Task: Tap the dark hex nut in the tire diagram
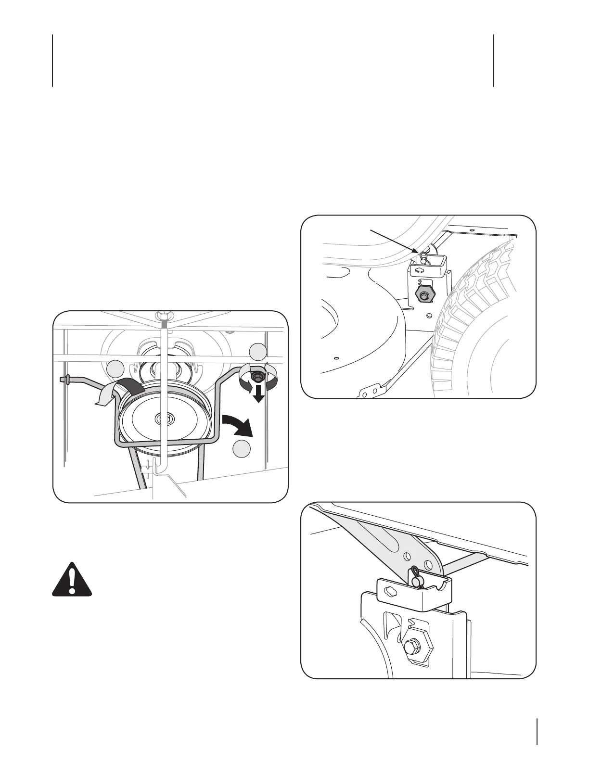pos(423,296)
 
